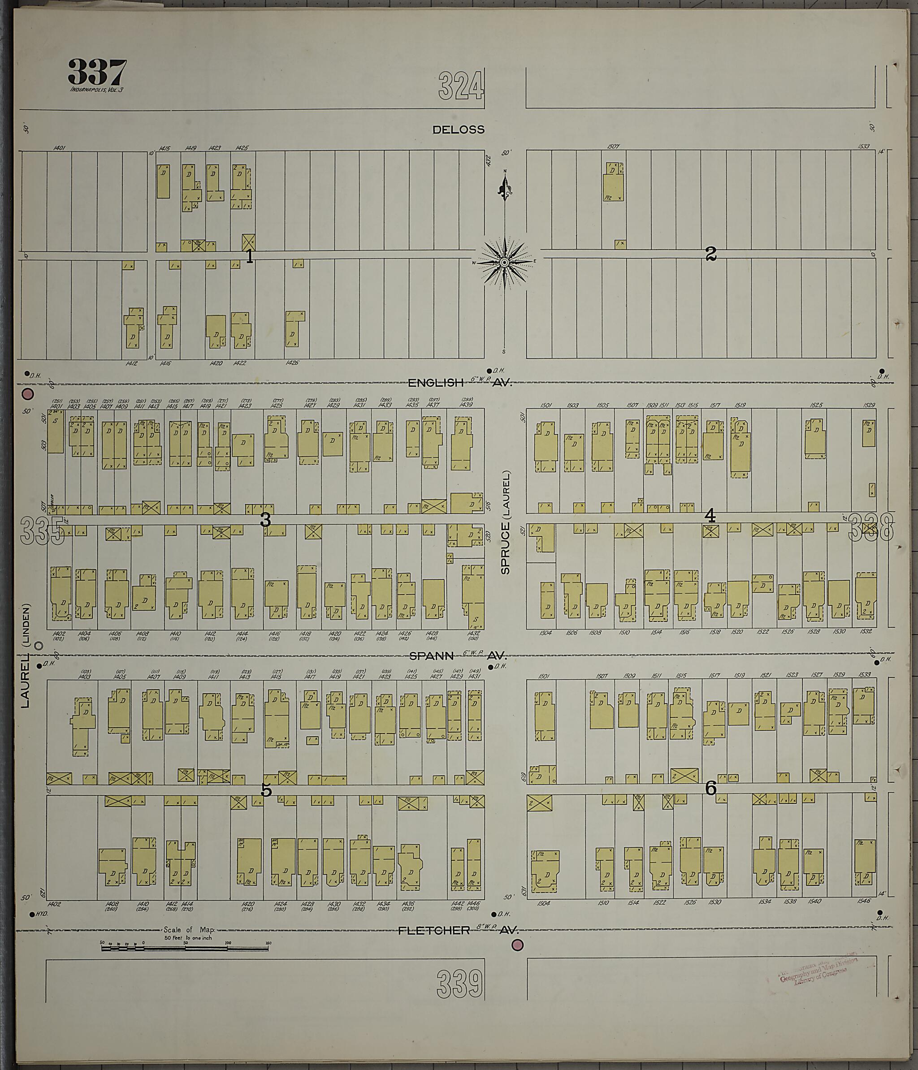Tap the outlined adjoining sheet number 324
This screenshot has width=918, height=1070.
[461, 86]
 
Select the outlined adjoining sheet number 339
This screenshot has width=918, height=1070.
[460, 984]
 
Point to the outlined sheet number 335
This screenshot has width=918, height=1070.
[43, 531]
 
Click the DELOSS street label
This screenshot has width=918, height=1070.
[459, 129]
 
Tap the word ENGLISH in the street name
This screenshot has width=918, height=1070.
[436, 383]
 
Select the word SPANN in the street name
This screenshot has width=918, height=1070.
[431, 656]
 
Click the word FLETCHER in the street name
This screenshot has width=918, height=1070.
[434, 931]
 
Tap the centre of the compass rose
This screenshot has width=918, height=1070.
[505, 262]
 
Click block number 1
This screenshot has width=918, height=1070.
[250, 256]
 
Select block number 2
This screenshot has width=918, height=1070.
[711, 254]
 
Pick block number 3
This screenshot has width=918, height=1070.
[265, 520]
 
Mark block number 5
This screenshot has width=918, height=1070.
[266, 790]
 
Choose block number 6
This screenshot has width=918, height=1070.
[711, 789]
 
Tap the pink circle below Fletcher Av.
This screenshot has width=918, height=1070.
[517, 945]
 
